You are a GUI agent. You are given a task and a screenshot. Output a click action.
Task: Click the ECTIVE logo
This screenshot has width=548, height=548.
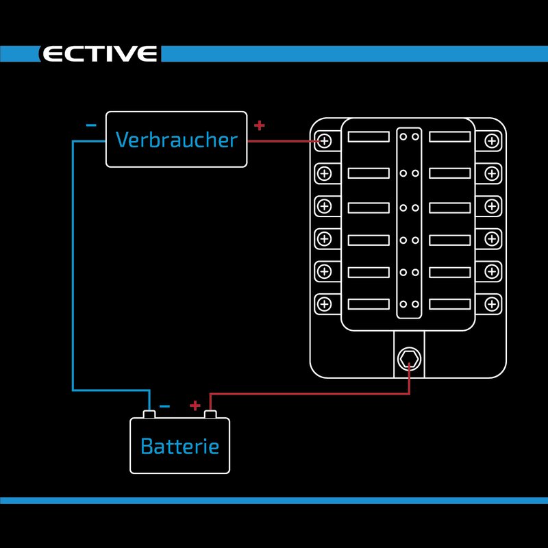tap(100, 54)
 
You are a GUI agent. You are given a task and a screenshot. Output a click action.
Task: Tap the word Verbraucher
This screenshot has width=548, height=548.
tap(176, 140)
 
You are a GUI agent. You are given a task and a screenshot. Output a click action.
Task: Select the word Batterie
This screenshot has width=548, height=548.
tap(179, 447)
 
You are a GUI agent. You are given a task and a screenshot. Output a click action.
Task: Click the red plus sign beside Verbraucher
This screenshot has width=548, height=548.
tap(259, 125)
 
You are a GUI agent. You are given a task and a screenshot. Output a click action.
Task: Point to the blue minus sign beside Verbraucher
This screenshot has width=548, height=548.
tap(91, 126)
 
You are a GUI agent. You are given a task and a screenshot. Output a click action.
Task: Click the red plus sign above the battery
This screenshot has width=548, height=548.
tap(195, 406)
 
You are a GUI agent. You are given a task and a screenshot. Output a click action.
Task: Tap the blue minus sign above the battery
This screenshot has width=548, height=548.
tap(164, 406)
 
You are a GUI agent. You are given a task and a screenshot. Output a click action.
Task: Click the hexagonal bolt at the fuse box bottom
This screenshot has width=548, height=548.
tap(409, 357)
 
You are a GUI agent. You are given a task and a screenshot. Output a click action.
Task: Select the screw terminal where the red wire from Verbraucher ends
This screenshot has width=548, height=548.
tap(325, 141)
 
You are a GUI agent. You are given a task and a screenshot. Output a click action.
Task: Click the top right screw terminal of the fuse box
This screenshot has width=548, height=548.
tap(491, 141)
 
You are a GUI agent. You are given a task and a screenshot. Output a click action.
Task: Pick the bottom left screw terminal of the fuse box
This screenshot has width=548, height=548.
tap(325, 303)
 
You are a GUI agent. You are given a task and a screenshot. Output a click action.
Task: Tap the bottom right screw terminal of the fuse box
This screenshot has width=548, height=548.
tap(491, 303)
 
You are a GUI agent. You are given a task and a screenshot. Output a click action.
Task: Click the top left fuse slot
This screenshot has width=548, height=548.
tap(369, 137)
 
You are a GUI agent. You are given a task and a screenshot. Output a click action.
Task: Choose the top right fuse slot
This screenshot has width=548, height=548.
tap(450, 137)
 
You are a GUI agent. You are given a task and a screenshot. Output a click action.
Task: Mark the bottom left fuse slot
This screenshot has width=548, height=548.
tap(369, 304)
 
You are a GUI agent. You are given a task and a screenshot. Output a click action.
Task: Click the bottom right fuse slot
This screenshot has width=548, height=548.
tap(450, 304)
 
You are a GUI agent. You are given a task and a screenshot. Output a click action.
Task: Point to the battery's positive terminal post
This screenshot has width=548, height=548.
tap(210, 414)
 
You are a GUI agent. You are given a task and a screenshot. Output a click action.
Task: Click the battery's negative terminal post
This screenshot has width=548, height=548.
tap(149, 414)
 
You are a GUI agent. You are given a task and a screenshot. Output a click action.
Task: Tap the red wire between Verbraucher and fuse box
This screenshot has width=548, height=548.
tap(281, 142)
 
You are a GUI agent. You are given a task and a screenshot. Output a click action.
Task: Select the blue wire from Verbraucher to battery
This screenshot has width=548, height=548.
tap(73, 274)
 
